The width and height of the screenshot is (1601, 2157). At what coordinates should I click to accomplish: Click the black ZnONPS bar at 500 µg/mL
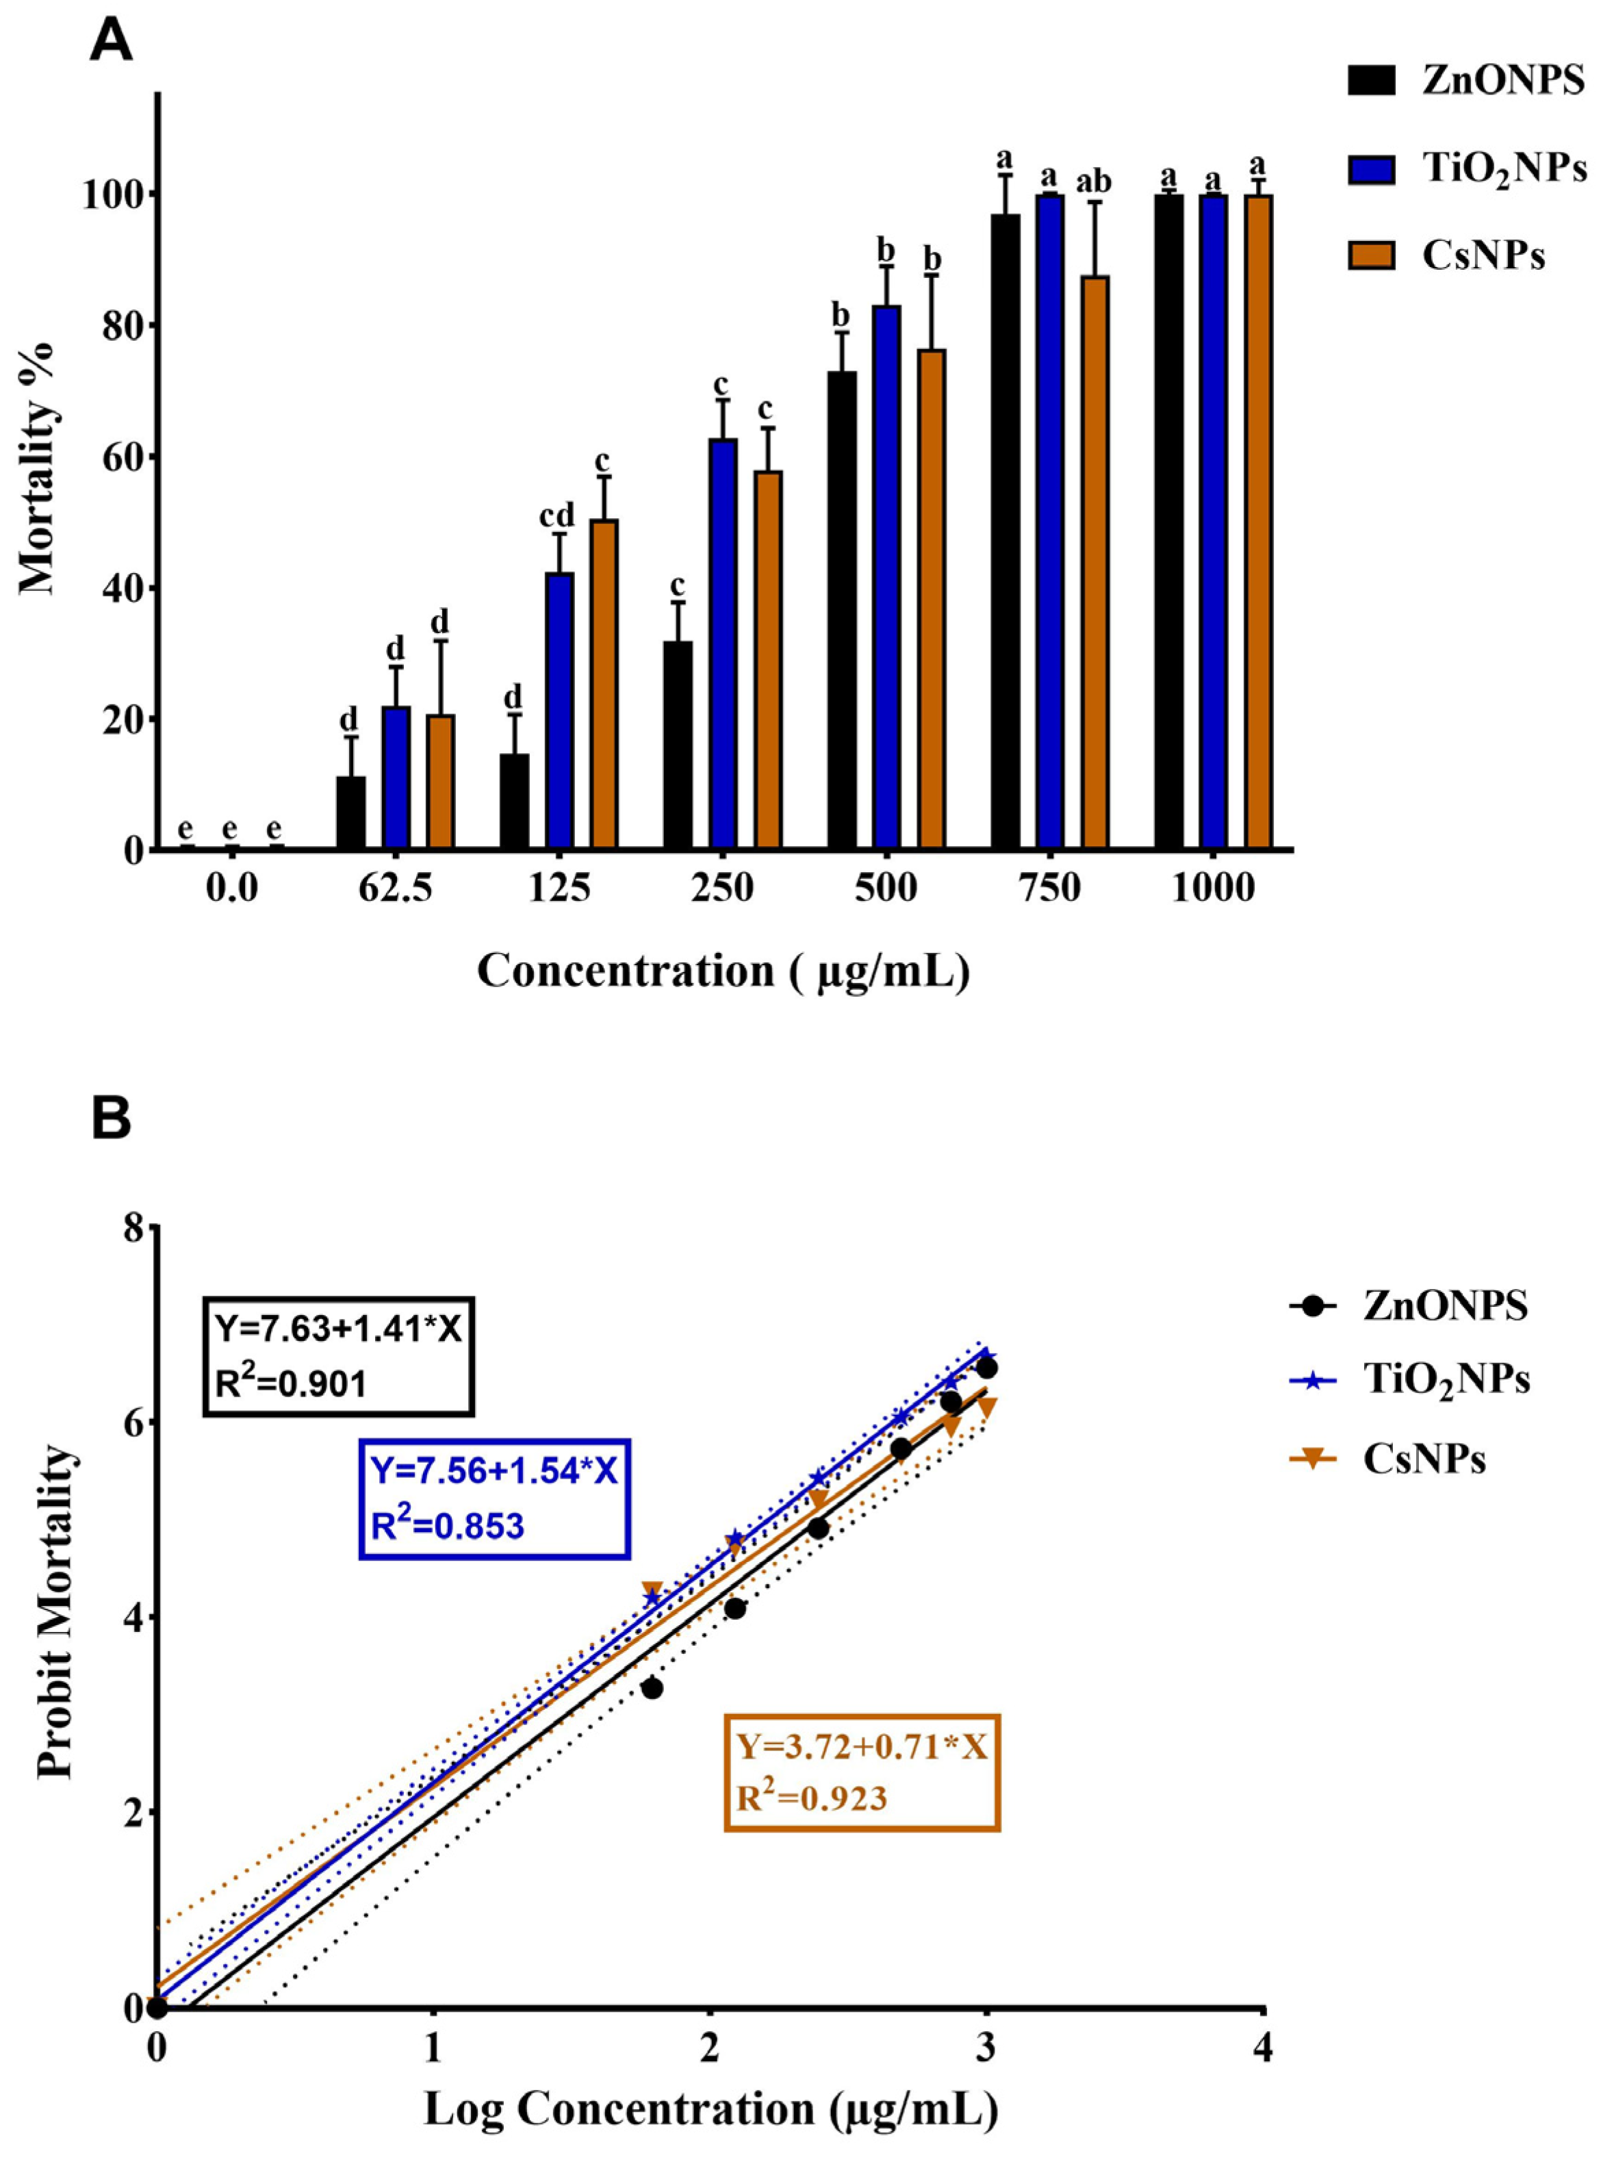(x=841, y=611)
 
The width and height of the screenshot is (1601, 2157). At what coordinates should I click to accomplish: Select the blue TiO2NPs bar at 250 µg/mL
(x=723, y=644)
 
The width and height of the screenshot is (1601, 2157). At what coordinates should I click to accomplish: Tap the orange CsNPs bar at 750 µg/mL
(x=1094, y=563)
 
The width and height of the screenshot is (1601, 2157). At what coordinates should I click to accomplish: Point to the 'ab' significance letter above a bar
(x=1094, y=181)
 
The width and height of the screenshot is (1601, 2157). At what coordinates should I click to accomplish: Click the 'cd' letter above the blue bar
(x=557, y=515)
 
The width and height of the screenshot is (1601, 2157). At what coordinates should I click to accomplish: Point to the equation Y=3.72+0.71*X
(x=862, y=1747)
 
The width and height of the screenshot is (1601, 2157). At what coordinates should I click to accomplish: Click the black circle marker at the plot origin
(x=156, y=2008)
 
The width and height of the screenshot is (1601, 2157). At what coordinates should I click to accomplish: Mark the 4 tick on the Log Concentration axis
(x=1264, y=2050)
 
